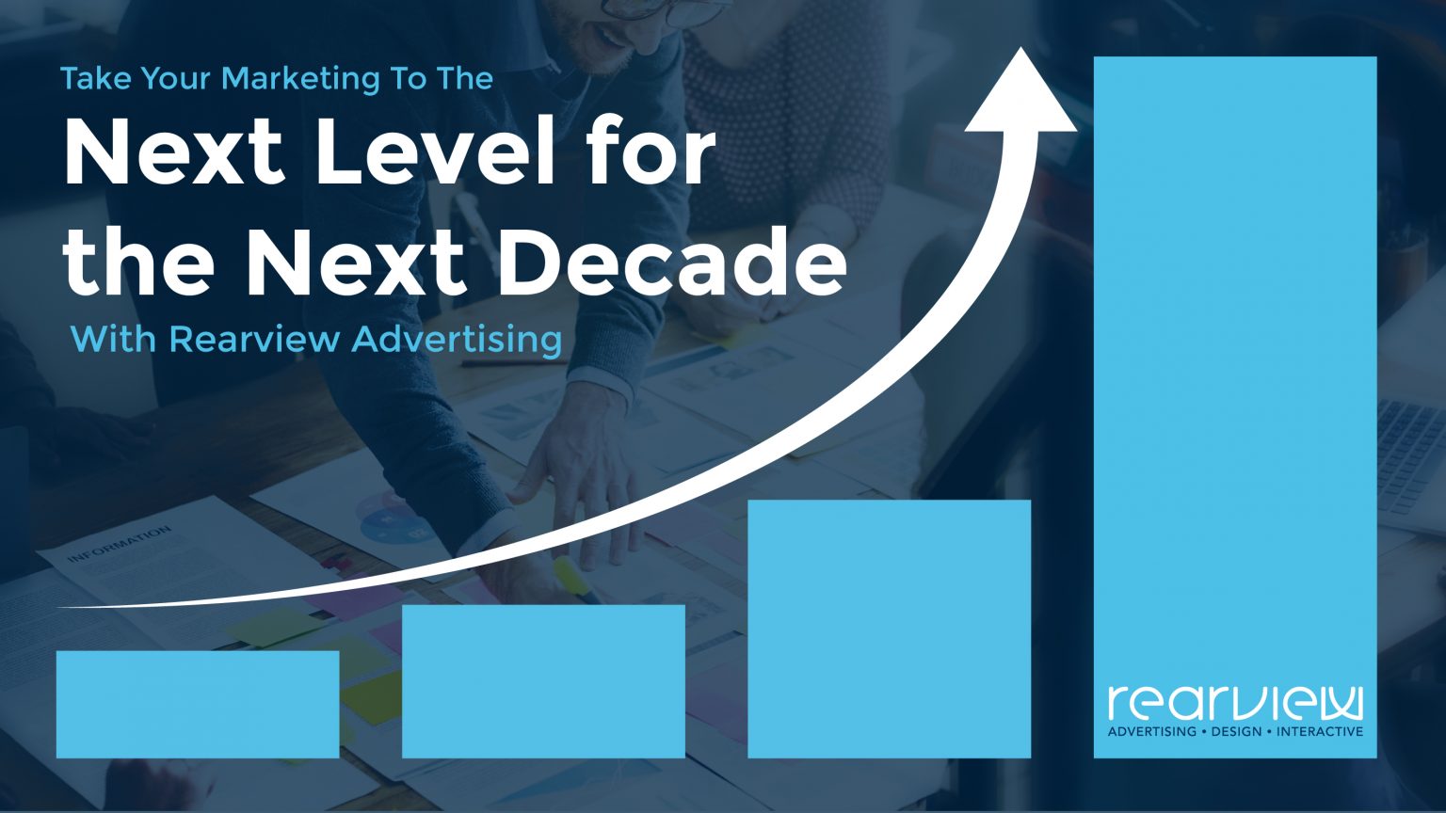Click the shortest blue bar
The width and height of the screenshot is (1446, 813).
pyautogui.click(x=198, y=704)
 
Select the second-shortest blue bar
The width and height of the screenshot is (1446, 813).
pyautogui.click(x=543, y=681)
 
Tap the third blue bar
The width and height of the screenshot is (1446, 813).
pyautogui.click(x=890, y=630)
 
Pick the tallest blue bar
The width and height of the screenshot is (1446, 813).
pyautogui.click(x=1235, y=407)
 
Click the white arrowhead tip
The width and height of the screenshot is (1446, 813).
pyautogui.click(x=1021, y=48)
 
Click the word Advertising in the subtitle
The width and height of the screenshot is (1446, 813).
pyautogui.click(x=457, y=340)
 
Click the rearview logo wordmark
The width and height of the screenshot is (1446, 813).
pyautogui.click(x=1235, y=703)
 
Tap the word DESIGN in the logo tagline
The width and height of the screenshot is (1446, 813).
pyautogui.click(x=1236, y=731)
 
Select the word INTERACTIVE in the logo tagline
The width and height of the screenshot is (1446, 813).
pyautogui.click(x=1320, y=731)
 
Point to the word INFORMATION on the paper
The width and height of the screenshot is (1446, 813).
pyautogui.click(x=120, y=543)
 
